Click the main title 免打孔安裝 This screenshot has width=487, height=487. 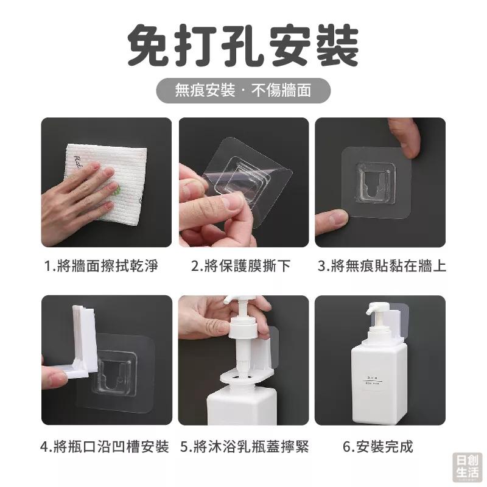coord(243,46)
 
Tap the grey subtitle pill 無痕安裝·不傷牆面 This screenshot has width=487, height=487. coord(243,91)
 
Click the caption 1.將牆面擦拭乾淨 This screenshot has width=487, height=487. coord(106,266)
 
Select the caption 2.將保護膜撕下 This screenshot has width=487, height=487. coord(241,266)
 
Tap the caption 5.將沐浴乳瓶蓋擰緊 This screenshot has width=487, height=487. coord(244,447)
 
